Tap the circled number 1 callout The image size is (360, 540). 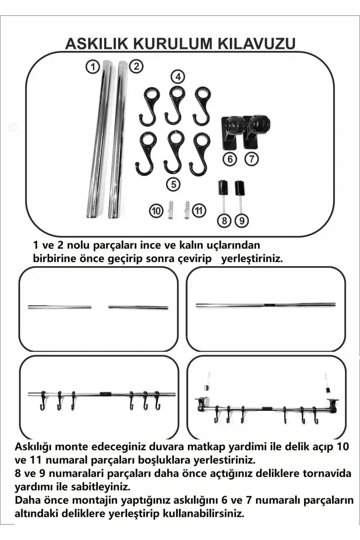(x=93, y=67)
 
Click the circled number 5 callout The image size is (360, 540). (x=174, y=184)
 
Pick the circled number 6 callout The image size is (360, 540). (x=230, y=159)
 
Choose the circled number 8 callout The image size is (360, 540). (x=224, y=220)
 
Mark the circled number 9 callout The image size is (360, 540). (x=242, y=220)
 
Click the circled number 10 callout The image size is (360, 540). (x=156, y=211)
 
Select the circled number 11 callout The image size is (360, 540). (x=199, y=210)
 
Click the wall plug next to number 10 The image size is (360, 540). (x=171, y=210)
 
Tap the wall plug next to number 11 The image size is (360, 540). (x=187, y=210)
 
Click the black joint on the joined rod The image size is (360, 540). (x=269, y=305)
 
